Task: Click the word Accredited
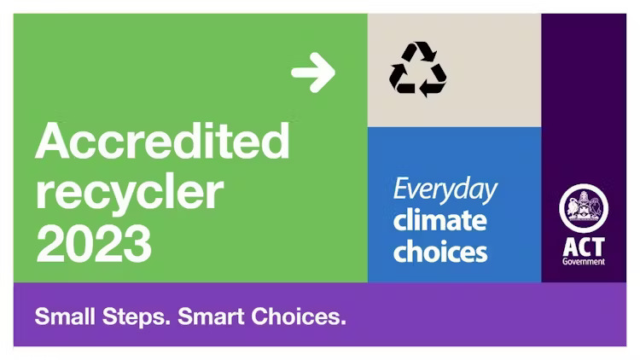click(162, 141)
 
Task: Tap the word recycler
click(130, 193)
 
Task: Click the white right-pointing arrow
click(313, 73)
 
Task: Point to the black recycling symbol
click(417, 69)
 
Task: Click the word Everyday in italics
click(445, 189)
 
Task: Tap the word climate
click(440, 220)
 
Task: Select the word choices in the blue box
click(440, 252)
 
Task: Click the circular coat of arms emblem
click(584, 208)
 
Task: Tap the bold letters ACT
click(584, 247)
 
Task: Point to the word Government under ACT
click(584, 262)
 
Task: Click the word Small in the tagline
click(65, 316)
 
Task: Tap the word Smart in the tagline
click(211, 316)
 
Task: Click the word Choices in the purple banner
click(299, 316)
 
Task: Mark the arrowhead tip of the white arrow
click(335, 73)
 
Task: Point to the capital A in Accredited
click(53, 141)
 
